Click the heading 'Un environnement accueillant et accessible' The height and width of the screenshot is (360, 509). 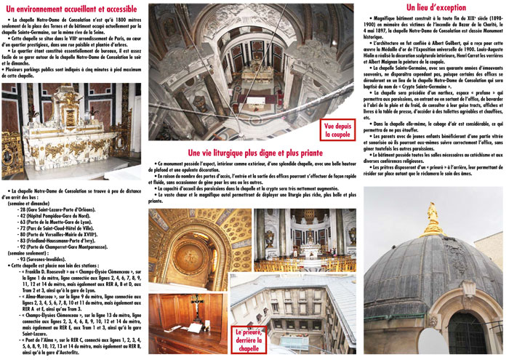point(71,8)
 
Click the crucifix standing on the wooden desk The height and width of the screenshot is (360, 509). point(178,307)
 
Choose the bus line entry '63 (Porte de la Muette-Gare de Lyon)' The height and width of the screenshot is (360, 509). point(58,221)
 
